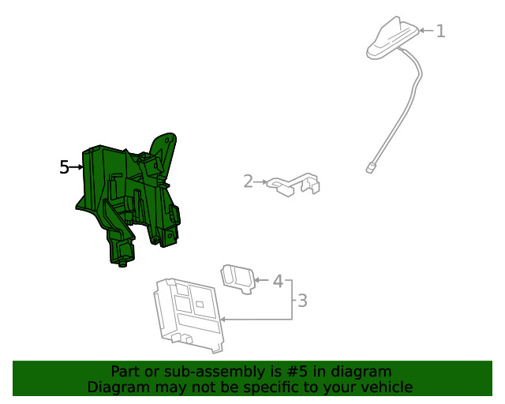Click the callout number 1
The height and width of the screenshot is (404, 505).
(x=440, y=31)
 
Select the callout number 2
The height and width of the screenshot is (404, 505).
(x=248, y=182)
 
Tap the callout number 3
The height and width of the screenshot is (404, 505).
(x=301, y=300)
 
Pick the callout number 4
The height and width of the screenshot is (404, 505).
(x=278, y=280)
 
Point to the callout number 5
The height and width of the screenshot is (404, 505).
(x=64, y=167)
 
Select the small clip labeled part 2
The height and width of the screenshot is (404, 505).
(x=294, y=185)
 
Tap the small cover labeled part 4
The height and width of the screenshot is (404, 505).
(x=238, y=279)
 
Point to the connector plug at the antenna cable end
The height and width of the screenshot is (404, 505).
(x=370, y=167)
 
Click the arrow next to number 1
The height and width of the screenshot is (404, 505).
(x=426, y=31)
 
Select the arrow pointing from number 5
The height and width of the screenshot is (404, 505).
(x=77, y=167)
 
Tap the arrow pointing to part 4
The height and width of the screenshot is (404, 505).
(x=263, y=280)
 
